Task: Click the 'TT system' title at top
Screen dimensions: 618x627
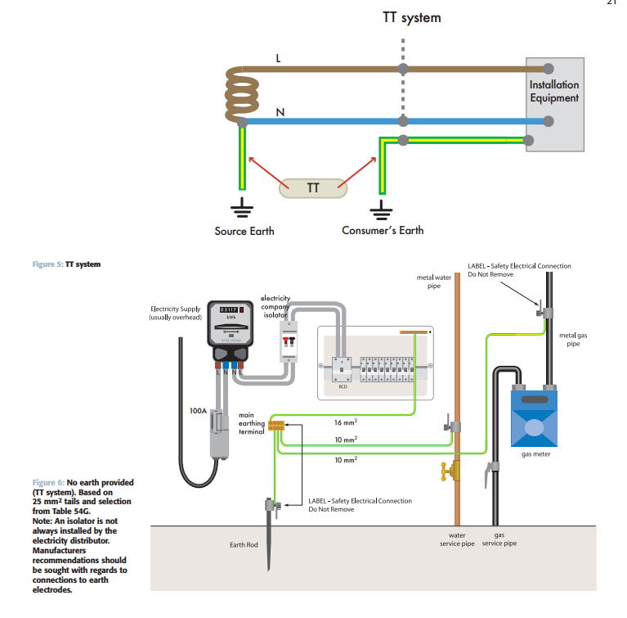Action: (411, 17)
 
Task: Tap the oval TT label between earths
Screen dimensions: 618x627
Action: (313, 187)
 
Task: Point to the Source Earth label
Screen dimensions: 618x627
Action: (244, 231)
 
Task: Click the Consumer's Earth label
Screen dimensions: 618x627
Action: (383, 231)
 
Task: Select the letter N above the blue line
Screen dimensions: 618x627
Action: (280, 111)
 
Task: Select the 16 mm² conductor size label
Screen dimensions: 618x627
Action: (347, 422)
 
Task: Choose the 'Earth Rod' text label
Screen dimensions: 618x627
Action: (244, 544)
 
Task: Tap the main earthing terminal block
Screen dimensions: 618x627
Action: (276, 425)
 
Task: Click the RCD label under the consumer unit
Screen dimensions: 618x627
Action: (343, 386)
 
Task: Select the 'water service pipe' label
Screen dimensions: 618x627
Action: (456, 539)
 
